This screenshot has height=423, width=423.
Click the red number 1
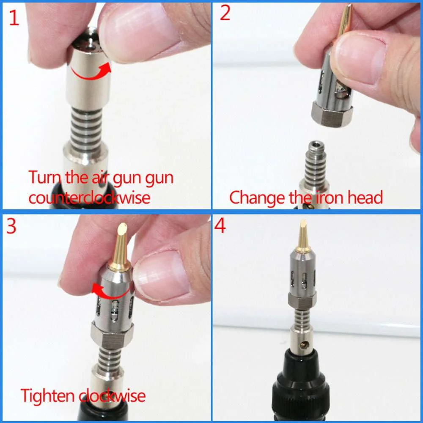tap(14, 18)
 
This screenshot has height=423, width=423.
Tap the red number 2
tap(225, 14)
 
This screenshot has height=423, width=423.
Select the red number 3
tap(11, 226)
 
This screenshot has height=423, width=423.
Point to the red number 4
tap(220, 226)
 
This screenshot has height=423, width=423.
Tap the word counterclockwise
tap(89, 198)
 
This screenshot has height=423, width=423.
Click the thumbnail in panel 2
tap(360, 59)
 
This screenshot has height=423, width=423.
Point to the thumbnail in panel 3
tap(163, 275)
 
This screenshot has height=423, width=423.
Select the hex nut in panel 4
tap(302, 299)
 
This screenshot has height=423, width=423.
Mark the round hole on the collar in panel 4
tap(302, 346)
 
